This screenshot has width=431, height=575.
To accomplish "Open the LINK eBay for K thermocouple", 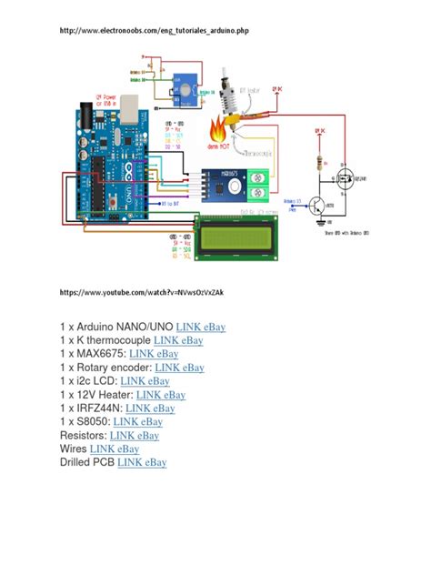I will pyautogui.click(x=179, y=341).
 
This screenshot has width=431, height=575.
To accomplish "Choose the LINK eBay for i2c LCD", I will pyautogui.click(x=145, y=382).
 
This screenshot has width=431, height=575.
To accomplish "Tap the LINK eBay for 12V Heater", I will pyautogui.click(x=161, y=396).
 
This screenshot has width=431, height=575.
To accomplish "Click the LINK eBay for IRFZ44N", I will pyautogui.click(x=151, y=409).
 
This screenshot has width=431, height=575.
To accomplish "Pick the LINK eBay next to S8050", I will pyautogui.click(x=138, y=422).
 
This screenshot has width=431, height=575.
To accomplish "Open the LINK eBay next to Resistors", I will pyautogui.click(x=135, y=436).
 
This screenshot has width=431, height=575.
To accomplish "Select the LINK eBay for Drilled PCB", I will pyautogui.click(x=142, y=463).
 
